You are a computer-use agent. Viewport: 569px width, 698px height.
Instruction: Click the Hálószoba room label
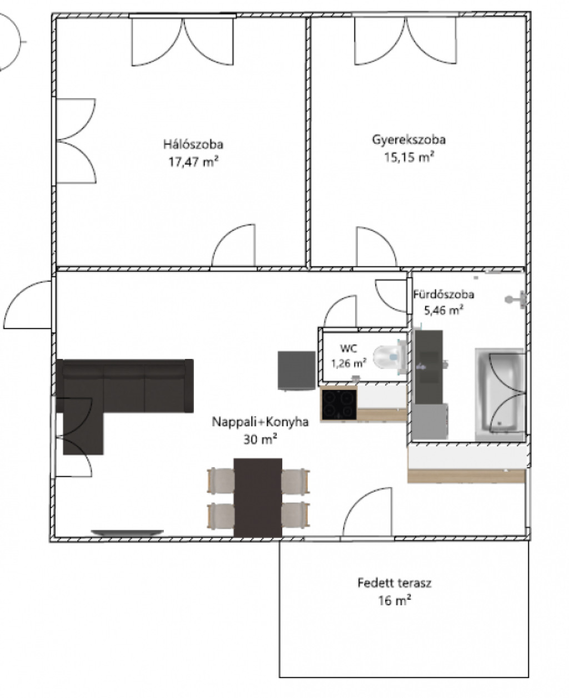tap(193, 144)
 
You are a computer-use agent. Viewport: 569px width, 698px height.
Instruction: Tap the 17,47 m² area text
tap(193, 161)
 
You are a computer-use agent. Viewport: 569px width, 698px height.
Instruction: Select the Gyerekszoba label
tap(408, 140)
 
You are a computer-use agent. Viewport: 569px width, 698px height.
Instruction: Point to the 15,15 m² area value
tap(409, 157)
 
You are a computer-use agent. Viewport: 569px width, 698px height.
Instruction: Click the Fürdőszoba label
tap(443, 294)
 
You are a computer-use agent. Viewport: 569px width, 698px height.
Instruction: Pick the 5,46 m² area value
tap(443, 310)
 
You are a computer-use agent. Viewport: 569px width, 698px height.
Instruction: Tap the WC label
tap(348, 348)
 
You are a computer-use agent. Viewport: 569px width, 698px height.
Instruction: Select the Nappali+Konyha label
tap(260, 422)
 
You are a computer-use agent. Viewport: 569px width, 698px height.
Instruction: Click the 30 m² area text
tap(260, 439)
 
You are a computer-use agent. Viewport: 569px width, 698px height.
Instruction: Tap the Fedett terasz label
tap(395, 583)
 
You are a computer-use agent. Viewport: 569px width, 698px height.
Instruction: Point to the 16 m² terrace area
tap(395, 600)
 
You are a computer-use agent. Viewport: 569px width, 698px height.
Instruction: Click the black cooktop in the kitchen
tap(339, 404)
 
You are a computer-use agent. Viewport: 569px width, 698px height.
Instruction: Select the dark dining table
tap(258, 498)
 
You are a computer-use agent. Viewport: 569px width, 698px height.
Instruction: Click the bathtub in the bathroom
tap(499, 395)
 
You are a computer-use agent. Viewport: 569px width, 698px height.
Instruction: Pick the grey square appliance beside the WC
tap(296, 370)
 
